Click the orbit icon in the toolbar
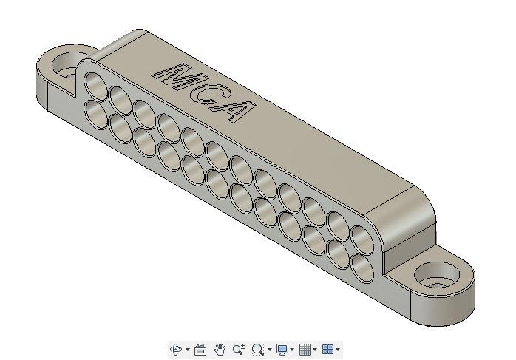click(x=177, y=350)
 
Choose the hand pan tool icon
click(x=220, y=350)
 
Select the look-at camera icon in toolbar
click(x=200, y=350)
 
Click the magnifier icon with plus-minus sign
click(x=239, y=350)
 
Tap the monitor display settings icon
click(x=282, y=350)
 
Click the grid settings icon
click(x=305, y=350)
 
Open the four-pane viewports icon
click(x=327, y=350)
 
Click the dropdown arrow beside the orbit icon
click(x=187, y=350)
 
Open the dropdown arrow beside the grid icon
click(x=315, y=350)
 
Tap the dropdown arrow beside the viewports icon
click(x=338, y=350)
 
